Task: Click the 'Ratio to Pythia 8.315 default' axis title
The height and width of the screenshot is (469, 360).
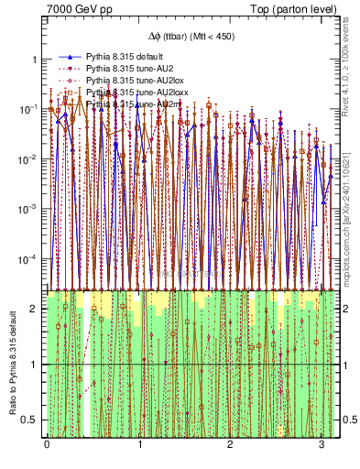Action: pos(12,363)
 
